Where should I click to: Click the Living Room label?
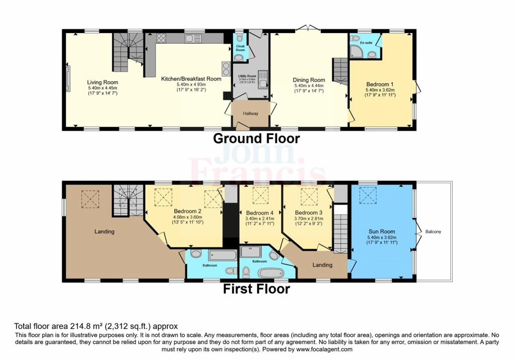coord(102,82)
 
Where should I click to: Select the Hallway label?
coord(250,113)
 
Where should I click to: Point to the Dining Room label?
coord(309,80)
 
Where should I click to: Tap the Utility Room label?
coord(247,76)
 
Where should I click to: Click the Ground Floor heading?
coord(256,139)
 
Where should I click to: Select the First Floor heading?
coord(256,289)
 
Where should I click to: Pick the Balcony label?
coord(433,231)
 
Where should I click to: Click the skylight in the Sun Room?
coord(368,193)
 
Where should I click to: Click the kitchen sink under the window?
coord(193,38)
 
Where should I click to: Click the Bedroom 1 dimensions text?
coord(380,92)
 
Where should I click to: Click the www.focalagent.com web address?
coord(326,349)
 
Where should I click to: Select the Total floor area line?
coord(95,326)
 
